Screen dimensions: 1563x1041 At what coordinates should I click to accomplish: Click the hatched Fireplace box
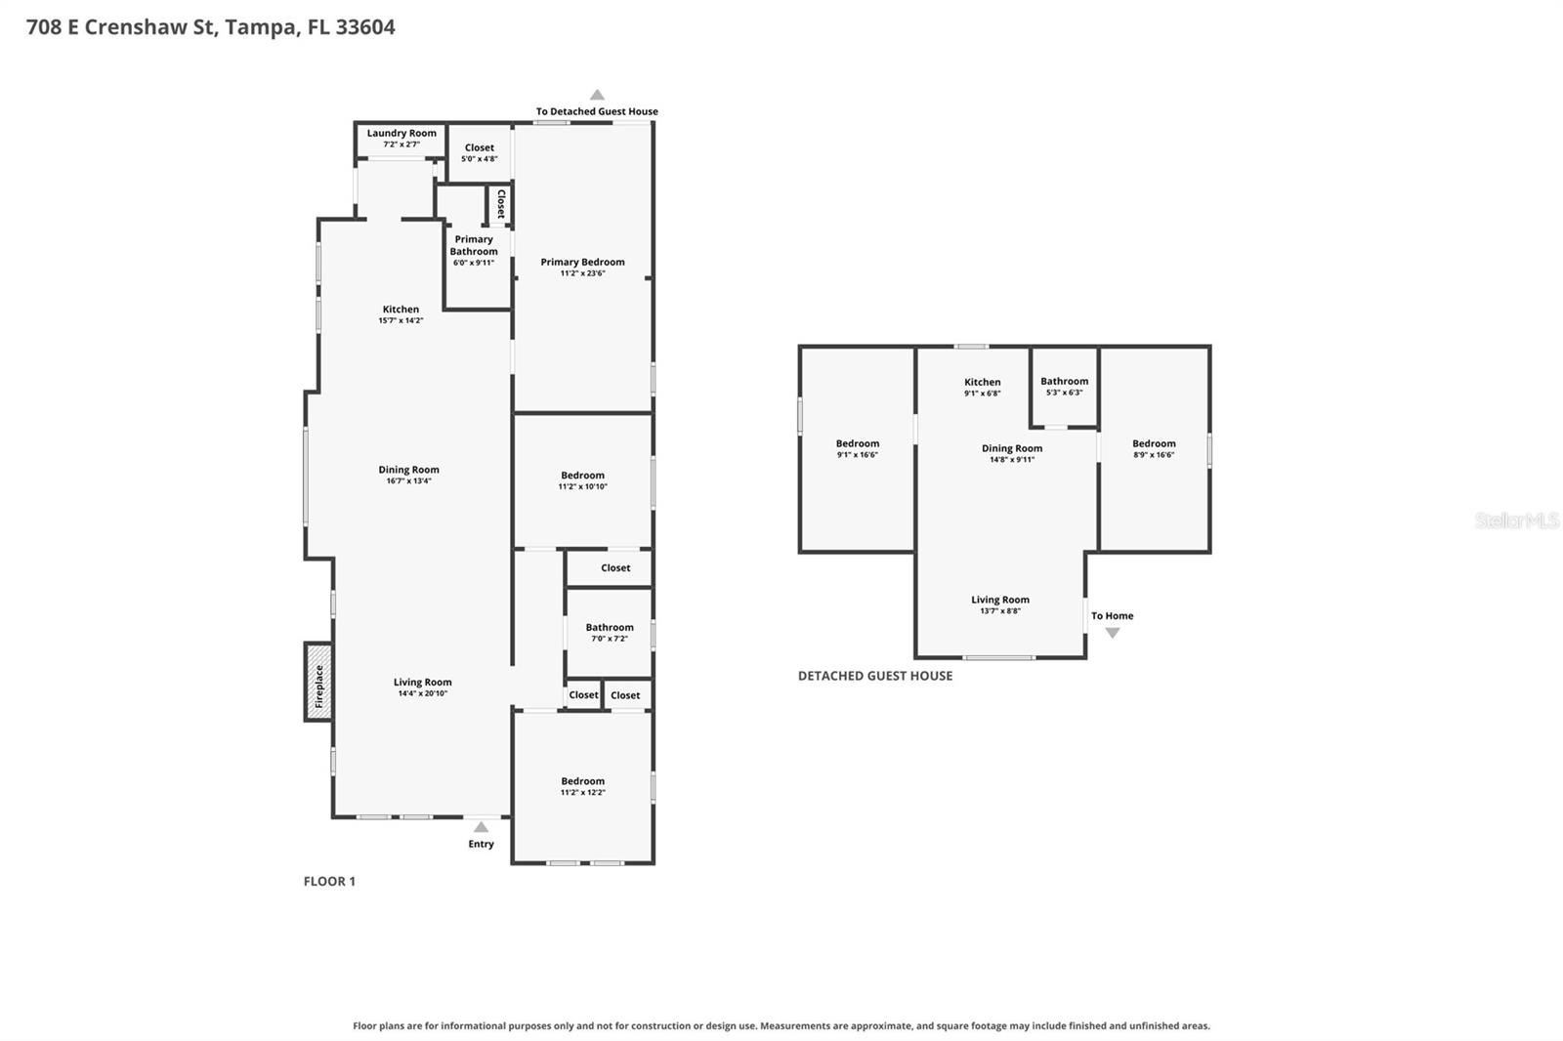click(318, 682)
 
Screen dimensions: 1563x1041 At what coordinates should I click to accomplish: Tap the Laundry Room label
click(401, 133)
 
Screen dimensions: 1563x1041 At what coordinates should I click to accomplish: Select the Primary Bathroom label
click(474, 245)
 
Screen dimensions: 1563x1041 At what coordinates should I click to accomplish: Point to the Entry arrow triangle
click(481, 827)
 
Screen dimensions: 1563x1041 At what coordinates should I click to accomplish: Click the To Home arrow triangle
click(1113, 633)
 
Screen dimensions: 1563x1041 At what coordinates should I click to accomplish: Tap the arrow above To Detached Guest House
click(597, 95)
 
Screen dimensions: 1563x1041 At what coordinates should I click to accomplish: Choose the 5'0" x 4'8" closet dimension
click(480, 159)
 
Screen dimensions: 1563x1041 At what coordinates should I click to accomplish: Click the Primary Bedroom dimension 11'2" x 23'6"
click(582, 273)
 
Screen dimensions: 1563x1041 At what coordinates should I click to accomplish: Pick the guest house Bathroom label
click(1064, 381)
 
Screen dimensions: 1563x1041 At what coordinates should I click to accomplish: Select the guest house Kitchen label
click(983, 382)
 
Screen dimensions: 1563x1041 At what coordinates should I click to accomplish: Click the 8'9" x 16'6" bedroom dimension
click(1154, 455)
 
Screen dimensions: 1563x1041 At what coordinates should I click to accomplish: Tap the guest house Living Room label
click(1000, 600)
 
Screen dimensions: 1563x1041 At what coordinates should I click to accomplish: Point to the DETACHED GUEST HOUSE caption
click(875, 676)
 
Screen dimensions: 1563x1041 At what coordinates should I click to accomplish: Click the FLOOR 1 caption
click(329, 881)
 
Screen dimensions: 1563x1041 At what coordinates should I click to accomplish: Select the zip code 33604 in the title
click(365, 26)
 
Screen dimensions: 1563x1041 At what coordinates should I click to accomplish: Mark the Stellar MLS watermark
click(1517, 520)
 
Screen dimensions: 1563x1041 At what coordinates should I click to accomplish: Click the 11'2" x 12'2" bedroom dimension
click(582, 793)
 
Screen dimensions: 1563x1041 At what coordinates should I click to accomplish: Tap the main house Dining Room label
click(409, 470)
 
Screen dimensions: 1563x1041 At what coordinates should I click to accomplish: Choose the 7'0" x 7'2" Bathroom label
click(610, 627)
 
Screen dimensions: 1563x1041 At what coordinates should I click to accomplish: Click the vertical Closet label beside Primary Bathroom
click(500, 204)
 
